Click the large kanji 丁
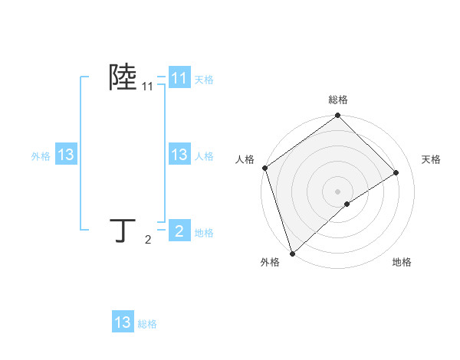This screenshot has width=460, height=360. [x=123, y=231]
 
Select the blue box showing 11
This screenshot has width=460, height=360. [x=179, y=78]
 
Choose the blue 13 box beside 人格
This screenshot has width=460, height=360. [x=179, y=155]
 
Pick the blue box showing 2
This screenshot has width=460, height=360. [x=179, y=231]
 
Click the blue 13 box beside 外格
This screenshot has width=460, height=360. [x=66, y=155]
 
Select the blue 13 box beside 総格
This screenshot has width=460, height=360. [x=123, y=322]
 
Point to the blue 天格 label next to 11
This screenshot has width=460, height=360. [x=204, y=80]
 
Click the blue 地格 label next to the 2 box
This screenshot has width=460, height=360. [x=204, y=233]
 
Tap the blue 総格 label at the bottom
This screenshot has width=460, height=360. [x=147, y=324]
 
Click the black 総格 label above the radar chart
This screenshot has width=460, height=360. [x=338, y=100]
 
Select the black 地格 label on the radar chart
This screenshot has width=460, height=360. [x=402, y=263]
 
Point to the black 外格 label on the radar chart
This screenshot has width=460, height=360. [x=270, y=263]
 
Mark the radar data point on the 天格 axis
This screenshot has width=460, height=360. [x=396, y=173]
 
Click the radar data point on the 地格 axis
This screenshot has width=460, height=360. [x=347, y=204]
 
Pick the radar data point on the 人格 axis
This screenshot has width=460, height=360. [x=264, y=168]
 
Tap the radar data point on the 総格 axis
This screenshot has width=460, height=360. [x=338, y=116]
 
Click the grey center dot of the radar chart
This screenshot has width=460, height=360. [x=338, y=191]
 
